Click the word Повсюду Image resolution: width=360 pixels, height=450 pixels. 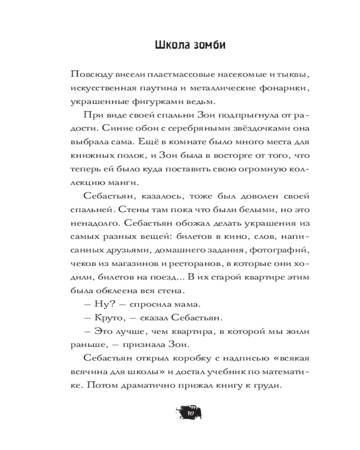[x=89, y=74]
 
